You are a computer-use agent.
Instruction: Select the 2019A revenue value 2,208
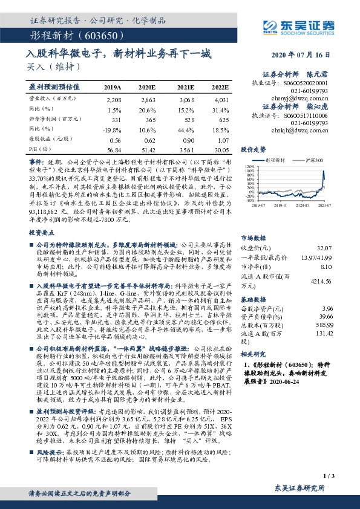(x=114, y=99)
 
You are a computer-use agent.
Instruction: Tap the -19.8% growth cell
(x=113, y=129)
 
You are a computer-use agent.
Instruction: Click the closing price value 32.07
(x=324, y=232)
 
